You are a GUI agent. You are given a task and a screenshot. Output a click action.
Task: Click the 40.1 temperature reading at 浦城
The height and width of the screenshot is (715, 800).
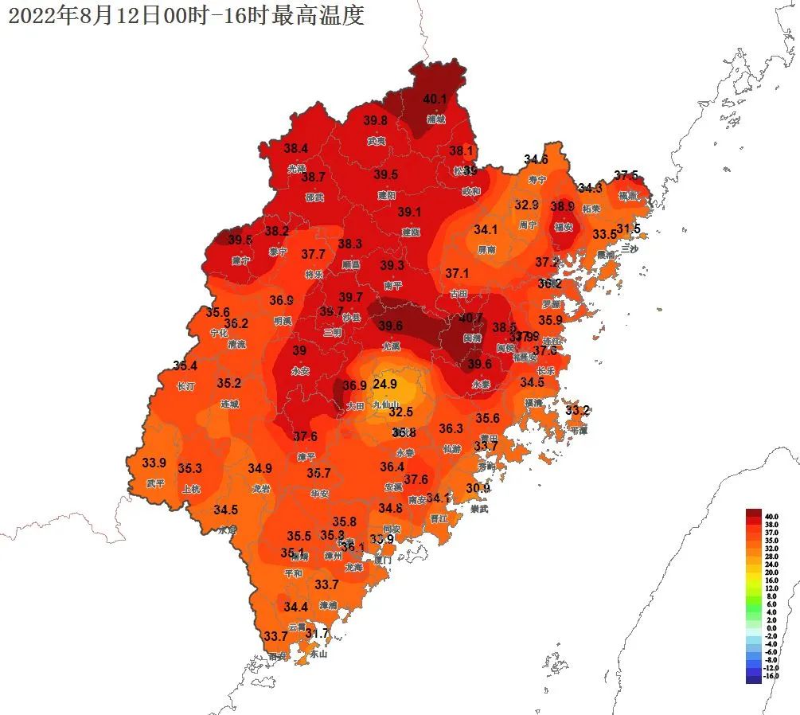[435, 100]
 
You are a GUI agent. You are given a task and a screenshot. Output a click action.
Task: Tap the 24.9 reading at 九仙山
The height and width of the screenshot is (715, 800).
[385, 384]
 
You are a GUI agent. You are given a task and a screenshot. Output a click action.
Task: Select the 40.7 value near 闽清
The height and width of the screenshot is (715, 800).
[471, 318]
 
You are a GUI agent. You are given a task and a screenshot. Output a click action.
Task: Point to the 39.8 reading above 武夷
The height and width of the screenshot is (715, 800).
[376, 120]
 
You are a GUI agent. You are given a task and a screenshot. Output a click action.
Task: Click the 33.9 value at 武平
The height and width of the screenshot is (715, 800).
[154, 463]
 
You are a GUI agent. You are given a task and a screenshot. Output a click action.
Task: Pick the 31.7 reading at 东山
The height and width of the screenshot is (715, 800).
[317, 634]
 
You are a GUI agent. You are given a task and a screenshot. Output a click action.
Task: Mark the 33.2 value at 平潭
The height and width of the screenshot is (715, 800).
[578, 411]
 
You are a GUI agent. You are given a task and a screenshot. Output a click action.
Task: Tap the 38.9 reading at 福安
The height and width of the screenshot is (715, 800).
[563, 206]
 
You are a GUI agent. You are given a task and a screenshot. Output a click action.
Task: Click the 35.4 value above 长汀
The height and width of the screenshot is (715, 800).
[185, 366]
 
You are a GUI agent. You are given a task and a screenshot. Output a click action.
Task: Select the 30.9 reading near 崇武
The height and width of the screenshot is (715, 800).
[478, 488]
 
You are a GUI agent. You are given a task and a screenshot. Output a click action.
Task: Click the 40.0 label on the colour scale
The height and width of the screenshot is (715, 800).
[771, 516]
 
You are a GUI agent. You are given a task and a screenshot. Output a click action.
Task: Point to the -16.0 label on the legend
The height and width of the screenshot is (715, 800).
[771, 676]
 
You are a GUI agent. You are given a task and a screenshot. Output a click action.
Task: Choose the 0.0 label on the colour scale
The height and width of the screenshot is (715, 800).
[771, 628]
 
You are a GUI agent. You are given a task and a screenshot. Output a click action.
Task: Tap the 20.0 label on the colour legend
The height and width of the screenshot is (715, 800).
[771, 572]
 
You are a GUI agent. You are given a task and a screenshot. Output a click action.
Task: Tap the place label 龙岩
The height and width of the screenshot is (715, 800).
[261, 488]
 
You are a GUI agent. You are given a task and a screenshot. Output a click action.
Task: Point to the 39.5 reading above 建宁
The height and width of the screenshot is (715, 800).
[240, 240]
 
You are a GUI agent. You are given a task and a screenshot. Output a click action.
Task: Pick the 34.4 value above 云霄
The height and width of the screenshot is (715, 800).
[295, 607]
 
